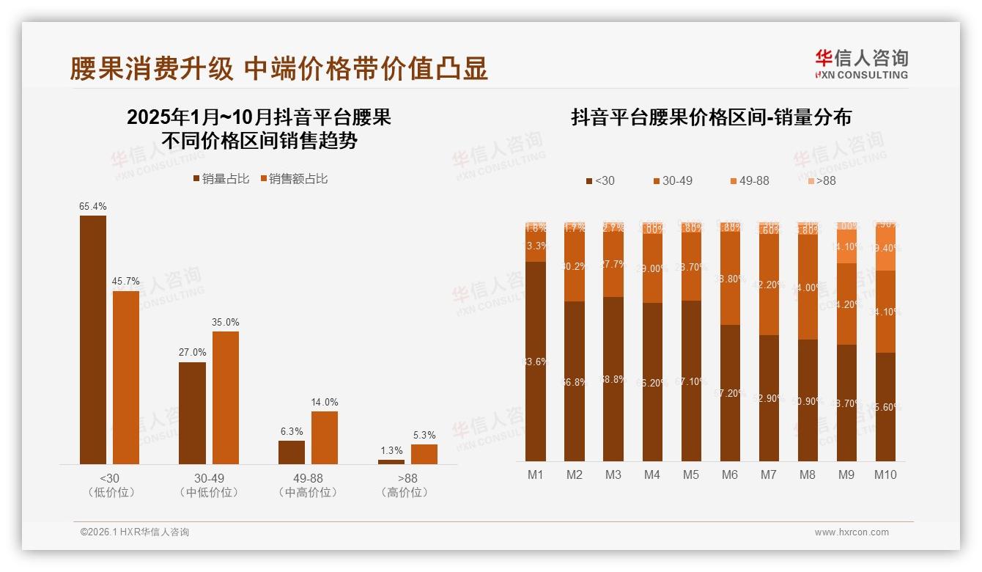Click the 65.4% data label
click(92, 207)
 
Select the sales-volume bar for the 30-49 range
click(192, 413)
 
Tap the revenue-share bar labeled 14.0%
click(325, 437)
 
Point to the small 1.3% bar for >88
click(391, 461)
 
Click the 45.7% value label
click(125, 282)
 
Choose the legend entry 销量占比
click(221, 179)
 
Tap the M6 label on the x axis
click(729, 474)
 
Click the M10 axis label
click(885, 474)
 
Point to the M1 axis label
click(536, 474)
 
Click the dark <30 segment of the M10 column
click(885, 407)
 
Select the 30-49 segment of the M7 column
click(768, 285)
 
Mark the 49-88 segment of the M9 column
click(846, 246)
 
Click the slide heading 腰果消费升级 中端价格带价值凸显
click(278, 69)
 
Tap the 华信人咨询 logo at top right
click(861, 64)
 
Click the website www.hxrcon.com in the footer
click(851, 532)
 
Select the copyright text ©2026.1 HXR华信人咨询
click(134, 532)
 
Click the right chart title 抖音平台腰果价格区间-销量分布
click(711, 117)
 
